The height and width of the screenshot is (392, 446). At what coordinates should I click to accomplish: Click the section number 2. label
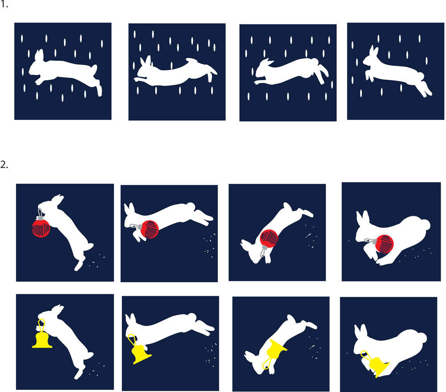(x=5, y=165)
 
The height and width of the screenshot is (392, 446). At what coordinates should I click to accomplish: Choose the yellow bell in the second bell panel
(x=141, y=353)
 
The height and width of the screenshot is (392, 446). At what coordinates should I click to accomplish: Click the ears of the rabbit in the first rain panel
(x=39, y=55)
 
